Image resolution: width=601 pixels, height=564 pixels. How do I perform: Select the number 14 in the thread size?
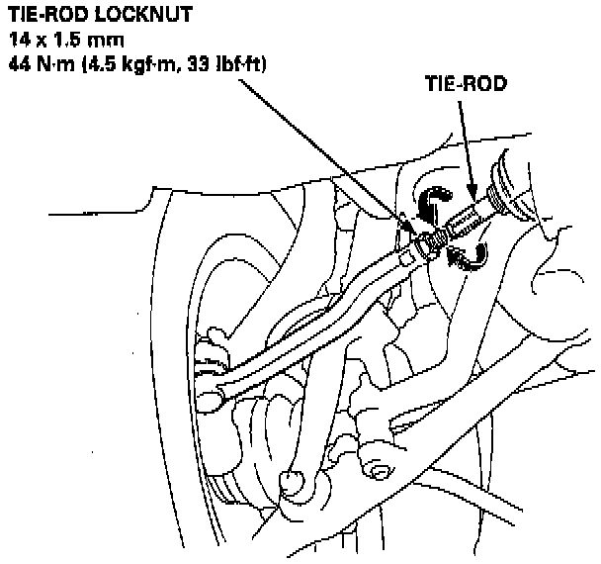(x=19, y=41)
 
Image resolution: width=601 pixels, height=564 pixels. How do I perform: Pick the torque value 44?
(x=19, y=64)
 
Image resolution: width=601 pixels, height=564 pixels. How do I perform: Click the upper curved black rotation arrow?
(x=431, y=202)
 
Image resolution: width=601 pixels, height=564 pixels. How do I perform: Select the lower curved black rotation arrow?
(x=469, y=256)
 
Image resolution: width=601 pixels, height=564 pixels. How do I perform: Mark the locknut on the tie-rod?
(x=427, y=242)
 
